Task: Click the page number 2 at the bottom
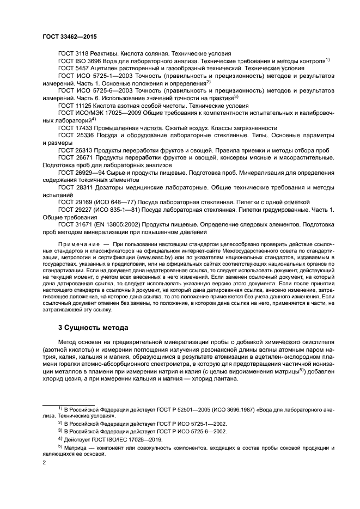pyautogui.click(x=44, y=463)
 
